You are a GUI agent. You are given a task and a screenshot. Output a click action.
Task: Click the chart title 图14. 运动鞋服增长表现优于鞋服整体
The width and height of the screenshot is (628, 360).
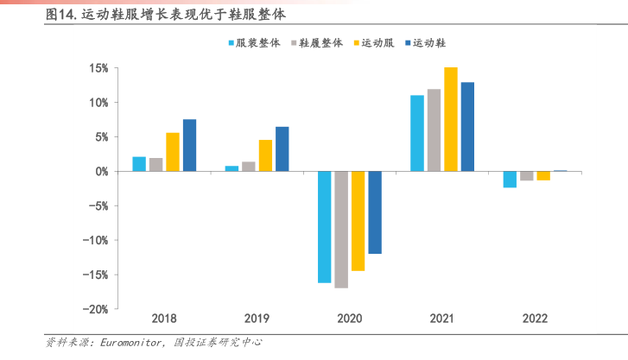click(x=165, y=16)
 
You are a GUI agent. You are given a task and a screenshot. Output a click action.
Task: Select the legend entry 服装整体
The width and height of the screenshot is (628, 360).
click(x=257, y=43)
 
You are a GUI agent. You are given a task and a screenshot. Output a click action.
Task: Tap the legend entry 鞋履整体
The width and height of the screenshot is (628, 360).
click(x=321, y=43)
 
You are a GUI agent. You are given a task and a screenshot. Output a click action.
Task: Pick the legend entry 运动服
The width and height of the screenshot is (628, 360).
click(x=377, y=43)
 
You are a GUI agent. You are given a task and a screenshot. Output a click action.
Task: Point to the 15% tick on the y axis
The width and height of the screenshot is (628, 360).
click(x=98, y=68)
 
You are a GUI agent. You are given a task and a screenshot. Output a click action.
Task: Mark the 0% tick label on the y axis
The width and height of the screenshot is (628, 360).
click(x=100, y=172)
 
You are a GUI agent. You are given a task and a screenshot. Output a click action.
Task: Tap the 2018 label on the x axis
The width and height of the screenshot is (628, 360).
click(x=163, y=319)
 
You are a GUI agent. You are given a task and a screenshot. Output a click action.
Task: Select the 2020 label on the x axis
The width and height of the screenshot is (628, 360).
click(x=349, y=319)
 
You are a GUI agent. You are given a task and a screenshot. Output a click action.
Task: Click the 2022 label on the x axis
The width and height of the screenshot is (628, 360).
click(x=535, y=319)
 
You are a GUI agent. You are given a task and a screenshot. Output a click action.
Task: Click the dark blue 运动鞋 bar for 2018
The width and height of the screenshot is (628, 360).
click(x=189, y=145)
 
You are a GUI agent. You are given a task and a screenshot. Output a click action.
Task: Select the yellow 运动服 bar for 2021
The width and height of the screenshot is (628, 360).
click(x=451, y=119)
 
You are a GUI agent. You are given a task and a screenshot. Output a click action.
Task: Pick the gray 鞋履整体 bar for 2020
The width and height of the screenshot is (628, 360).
click(x=341, y=230)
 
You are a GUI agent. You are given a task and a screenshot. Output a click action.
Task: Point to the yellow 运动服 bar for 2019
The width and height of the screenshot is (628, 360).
click(x=265, y=155)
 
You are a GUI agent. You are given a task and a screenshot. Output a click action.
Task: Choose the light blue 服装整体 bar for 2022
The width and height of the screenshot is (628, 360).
click(x=510, y=180)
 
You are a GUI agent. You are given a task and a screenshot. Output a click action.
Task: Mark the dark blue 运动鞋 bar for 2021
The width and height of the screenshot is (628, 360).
click(x=467, y=127)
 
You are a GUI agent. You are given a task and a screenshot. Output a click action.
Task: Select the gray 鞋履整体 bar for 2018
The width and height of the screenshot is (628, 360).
click(x=155, y=165)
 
